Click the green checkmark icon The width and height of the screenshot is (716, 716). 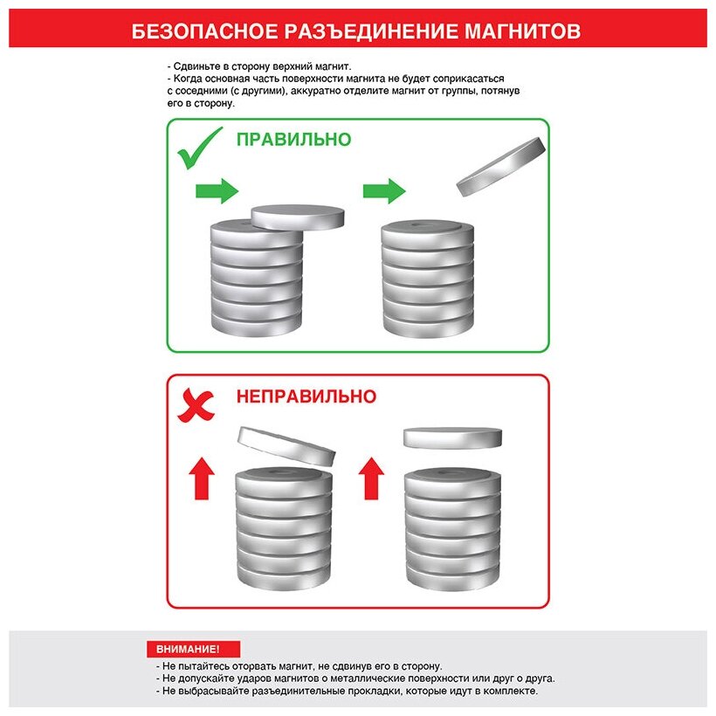pos(200,148)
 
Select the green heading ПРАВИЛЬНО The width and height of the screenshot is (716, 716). pos(293,140)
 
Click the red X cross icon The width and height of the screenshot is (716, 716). pos(196,405)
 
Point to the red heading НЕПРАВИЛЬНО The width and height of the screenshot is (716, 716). pos(306,396)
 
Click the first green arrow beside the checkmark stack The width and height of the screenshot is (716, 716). pos(217,191)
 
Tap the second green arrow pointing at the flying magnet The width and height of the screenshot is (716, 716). pos(384,191)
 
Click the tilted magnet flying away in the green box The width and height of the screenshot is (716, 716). pos(501,166)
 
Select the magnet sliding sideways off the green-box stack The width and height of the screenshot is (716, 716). pos(298,217)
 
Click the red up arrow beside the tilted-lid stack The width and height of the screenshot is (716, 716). pos(202,478)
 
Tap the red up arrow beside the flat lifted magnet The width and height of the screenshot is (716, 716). pos(371,478)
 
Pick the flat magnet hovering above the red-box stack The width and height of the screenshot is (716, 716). pos(452,438)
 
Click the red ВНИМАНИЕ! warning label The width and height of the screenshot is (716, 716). pos(193,649)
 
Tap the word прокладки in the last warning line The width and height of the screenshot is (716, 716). pos(374,691)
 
